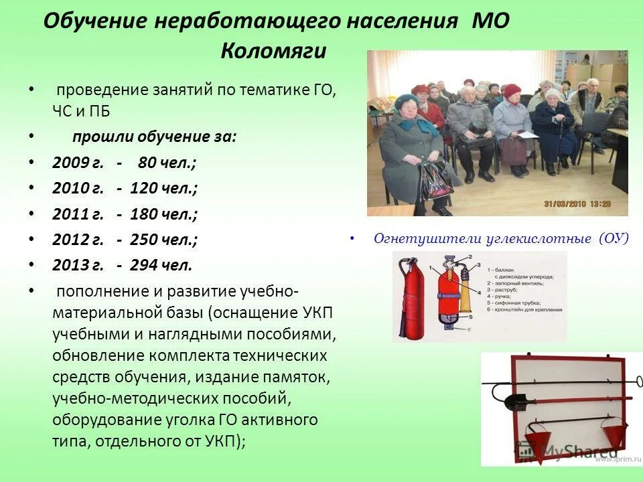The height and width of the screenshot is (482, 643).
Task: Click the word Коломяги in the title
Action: click(273, 51)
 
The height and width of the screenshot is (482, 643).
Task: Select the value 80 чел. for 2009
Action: click(167, 163)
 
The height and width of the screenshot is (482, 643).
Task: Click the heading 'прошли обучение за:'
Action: click(154, 137)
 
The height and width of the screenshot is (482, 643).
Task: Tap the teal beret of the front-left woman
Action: click(407, 100)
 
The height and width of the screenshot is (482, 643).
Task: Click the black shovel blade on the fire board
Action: click(516, 402)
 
